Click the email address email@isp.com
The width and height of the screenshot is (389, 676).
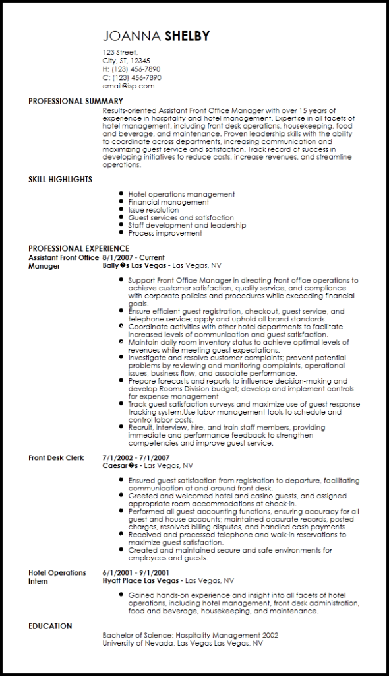pos(129,86)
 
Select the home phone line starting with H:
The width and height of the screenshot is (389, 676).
pos(131,69)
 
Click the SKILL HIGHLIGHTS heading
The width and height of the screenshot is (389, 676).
pos(60,179)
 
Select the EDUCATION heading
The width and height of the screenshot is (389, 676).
pos(50,626)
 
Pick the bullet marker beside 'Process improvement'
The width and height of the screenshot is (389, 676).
pos(121,233)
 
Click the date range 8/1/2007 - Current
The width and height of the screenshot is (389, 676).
pos(134,257)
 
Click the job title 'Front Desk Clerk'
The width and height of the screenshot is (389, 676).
pos(56,457)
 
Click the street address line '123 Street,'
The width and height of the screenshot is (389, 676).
pos(120,52)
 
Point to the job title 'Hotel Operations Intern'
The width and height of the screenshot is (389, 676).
pos(57,577)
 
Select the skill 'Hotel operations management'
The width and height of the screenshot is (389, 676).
pos(181,194)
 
